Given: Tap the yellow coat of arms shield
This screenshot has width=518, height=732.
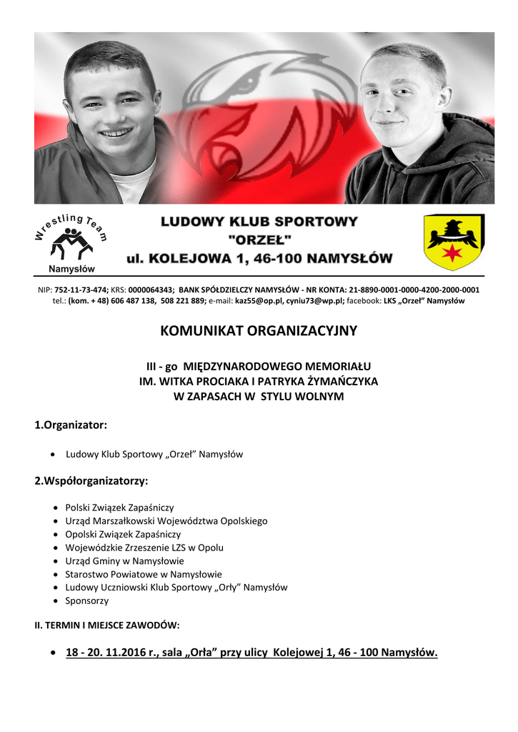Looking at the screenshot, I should (x=454, y=242).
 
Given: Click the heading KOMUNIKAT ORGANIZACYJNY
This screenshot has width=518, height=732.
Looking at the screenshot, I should (x=258, y=331).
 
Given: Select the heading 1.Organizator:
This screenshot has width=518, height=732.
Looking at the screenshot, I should (x=71, y=425).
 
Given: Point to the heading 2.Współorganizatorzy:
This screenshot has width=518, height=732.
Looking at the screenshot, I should (x=91, y=481).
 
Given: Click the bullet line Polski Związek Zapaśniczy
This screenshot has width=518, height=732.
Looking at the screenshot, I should (x=119, y=508).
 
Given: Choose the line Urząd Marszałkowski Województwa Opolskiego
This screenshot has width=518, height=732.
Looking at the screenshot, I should (x=166, y=521).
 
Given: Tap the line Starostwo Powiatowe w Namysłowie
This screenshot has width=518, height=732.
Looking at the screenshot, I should (x=143, y=574).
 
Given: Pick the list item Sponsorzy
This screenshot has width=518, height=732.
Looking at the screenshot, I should (x=87, y=601).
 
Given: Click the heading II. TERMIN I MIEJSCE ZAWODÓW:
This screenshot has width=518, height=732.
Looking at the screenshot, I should (x=107, y=625).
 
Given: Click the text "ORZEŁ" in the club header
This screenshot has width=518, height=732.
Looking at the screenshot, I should (x=258, y=240).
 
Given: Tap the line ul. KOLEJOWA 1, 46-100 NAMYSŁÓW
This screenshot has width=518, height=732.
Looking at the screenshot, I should (x=259, y=258).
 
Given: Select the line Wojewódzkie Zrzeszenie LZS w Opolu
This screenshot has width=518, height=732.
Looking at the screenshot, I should (x=144, y=548).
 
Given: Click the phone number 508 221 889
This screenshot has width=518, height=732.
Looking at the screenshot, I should (x=184, y=301).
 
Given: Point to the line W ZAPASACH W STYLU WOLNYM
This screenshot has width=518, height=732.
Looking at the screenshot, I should (x=259, y=396).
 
